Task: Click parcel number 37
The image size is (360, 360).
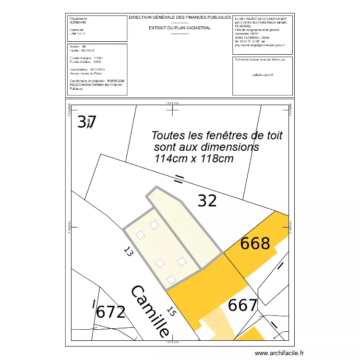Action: [x=87, y=122]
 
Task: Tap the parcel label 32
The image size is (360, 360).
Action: [x=207, y=200]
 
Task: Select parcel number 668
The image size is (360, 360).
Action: [x=255, y=243]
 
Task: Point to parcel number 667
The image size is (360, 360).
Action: [x=243, y=305]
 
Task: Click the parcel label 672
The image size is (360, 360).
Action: [x=111, y=312]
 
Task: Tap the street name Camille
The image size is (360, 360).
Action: [x=150, y=311]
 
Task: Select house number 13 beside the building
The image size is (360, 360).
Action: [x=127, y=252]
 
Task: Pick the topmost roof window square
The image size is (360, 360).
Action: [x=154, y=225]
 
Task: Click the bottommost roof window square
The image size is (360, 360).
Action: [x=171, y=279]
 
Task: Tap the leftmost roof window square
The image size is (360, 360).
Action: [x=140, y=235]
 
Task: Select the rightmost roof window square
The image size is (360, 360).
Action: [x=181, y=262]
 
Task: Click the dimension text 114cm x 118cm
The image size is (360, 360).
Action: [x=194, y=158]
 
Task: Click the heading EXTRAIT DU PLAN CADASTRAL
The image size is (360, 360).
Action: [x=180, y=28]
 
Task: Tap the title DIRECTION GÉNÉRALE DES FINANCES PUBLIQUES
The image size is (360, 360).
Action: [x=180, y=17]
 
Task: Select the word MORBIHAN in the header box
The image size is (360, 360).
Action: [x=78, y=23]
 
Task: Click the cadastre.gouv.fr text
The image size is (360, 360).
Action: [x=262, y=75]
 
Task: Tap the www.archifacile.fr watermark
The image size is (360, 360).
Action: [x=279, y=353]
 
